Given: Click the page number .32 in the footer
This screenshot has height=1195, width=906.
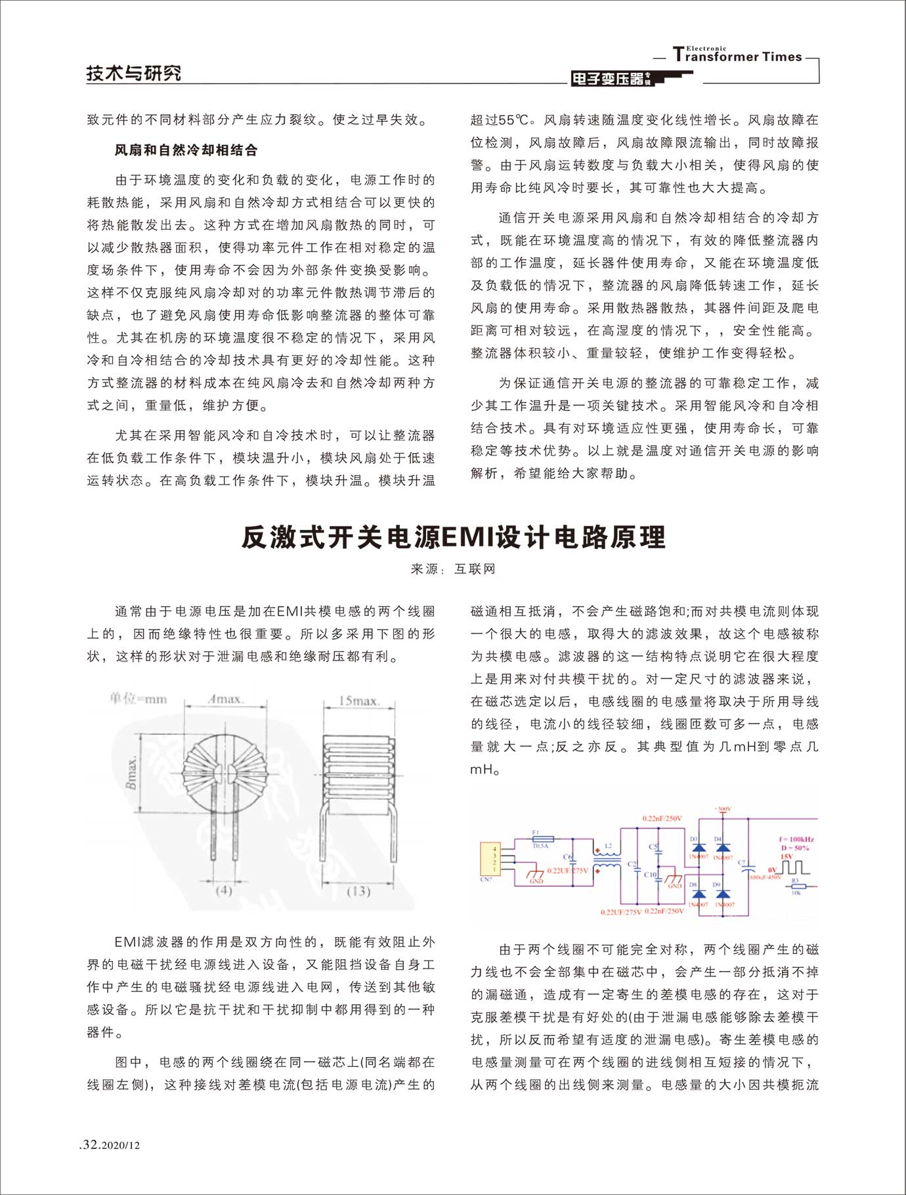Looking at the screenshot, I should point(90,1144).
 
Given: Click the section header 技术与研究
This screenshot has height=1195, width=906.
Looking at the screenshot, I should point(134,73).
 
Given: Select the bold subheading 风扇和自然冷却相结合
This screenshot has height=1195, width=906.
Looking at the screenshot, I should point(186,150).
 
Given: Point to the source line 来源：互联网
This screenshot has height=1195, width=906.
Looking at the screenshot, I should point(453,569).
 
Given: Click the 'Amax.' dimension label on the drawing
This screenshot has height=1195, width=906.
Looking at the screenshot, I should point(226,699).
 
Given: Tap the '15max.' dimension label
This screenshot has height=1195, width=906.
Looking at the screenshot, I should point(358,701).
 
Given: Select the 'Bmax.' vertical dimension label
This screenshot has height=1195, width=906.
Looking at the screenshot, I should point(133,772).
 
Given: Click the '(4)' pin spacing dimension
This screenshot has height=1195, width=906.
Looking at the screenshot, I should point(224,891).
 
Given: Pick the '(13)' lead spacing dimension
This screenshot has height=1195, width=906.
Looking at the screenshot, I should point(358,891).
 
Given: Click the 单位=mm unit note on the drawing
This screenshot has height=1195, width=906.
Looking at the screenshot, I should point(139,699).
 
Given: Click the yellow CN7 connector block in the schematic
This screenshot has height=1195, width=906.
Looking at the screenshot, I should point(489,858).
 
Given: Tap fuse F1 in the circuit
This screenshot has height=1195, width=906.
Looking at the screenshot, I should point(543,839).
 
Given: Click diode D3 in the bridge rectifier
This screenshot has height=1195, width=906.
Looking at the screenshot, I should point(699,847).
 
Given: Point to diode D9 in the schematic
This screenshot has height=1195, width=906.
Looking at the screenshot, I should point(722,894).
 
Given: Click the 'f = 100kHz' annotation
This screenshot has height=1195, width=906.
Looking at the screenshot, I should point(796,839).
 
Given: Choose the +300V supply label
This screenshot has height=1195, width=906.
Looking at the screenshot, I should point(723,809).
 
